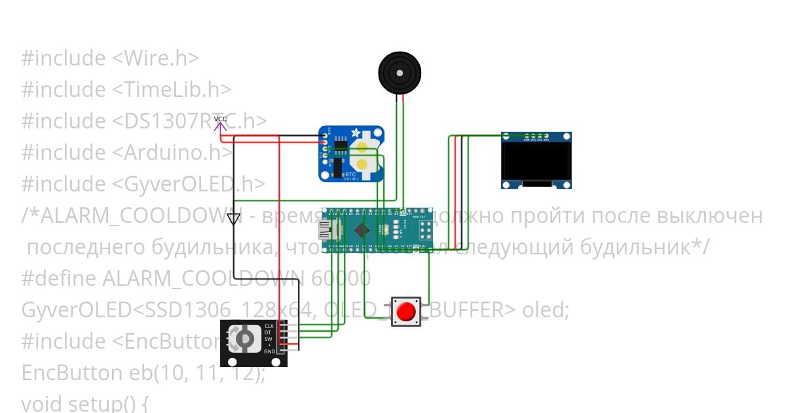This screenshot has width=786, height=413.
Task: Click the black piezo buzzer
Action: tap(398, 73)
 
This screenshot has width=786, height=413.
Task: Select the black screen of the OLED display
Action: tap(536, 161)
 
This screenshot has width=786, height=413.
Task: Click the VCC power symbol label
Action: tap(221, 119)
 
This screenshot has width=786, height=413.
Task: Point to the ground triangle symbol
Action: tap(234, 219)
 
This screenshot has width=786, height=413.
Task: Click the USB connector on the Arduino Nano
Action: tap(326, 229)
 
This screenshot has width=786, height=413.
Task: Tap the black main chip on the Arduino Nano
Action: tap(362, 229)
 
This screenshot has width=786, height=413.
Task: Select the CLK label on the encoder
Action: tap(269, 326)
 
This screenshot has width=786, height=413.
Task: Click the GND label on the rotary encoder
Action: tap(269, 352)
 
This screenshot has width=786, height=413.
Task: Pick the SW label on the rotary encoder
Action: tap(268, 339)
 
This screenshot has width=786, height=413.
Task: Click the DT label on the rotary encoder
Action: tap(267, 332)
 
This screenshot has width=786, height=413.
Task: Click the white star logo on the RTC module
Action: tap(356, 132)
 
